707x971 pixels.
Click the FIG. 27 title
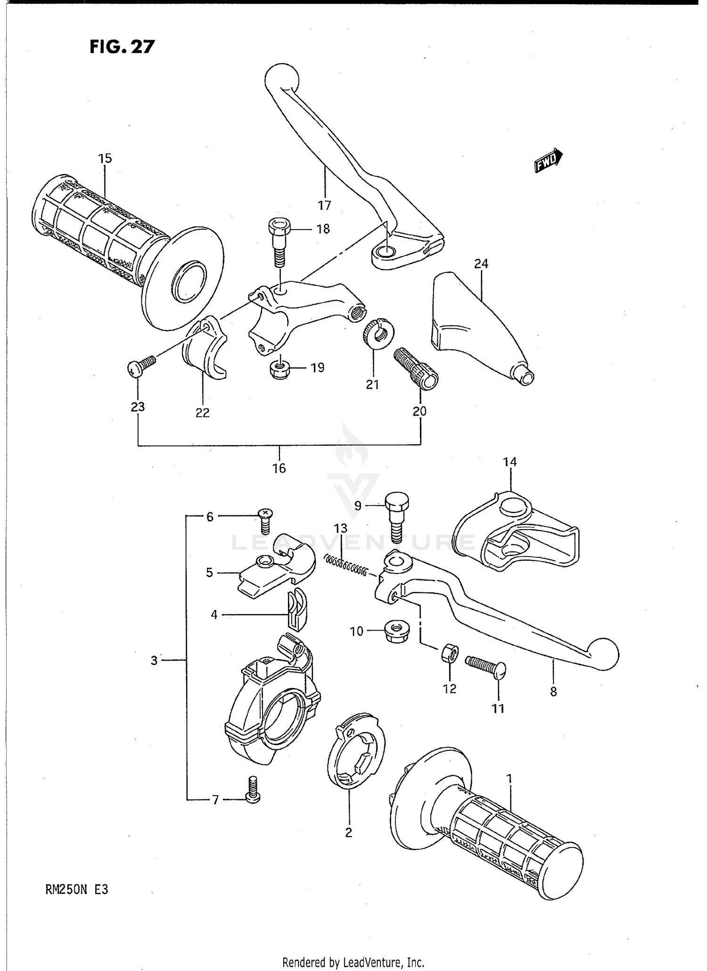pyautogui.click(x=122, y=47)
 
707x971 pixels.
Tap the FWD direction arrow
pyautogui.click(x=548, y=161)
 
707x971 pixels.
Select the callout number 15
pyautogui.click(x=105, y=158)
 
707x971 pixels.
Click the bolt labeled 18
pyautogui.click(x=279, y=242)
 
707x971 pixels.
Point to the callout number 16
pyautogui.click(x=279, y=468)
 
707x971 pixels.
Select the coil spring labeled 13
pyautogui.click(x=346, y=564)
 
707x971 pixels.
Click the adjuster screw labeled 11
pyautogui.click(x=485, y=665)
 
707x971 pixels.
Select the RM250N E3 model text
pyautogui.click(x=77, y=890)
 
